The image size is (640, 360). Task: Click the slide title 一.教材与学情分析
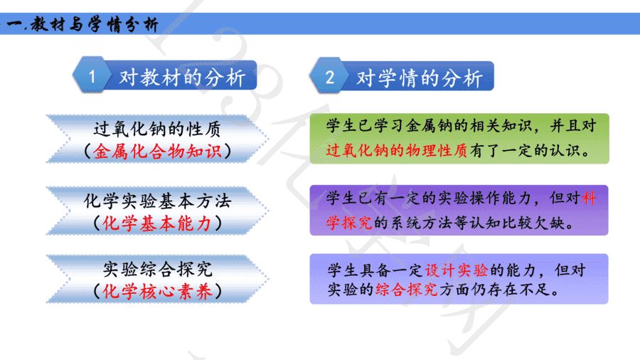pos(82,24)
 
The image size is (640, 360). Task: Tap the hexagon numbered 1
pos(92,75)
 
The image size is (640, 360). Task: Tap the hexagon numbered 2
pos(329,76)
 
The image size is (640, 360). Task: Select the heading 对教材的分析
pos(182,77)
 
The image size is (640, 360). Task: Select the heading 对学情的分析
pos(419,78)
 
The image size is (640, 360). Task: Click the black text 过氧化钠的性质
pos(157,129)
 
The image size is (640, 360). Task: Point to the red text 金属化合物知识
pos(157,152)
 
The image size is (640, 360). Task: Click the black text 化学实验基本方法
pos(158,201)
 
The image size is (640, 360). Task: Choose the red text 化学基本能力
pos(157,223)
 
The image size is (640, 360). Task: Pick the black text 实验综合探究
pos(158,269)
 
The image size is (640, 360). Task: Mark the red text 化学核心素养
pos(158,292)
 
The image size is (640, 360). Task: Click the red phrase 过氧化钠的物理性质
pos(397,151)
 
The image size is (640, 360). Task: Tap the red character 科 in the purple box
pos(589,198)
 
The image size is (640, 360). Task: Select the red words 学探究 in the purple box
pos(349,223)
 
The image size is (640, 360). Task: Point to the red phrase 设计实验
pos(457,270)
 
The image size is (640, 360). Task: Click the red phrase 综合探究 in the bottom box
pos(406,290)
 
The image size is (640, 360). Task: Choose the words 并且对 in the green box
pos(573,126)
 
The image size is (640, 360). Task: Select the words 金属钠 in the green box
pos(429,126)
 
